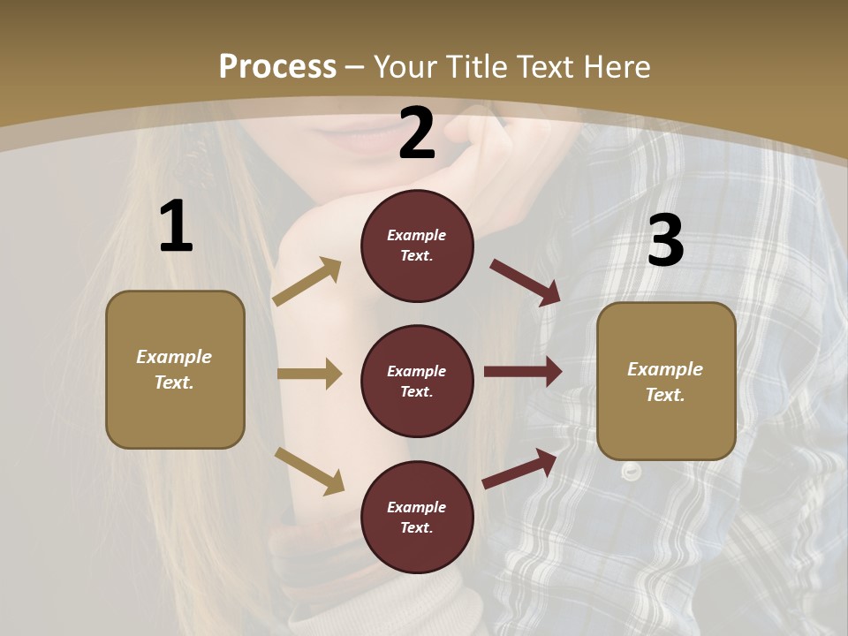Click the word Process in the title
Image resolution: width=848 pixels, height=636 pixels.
(x=277, y=66)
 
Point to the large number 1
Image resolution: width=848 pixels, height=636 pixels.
(x=176, y=228)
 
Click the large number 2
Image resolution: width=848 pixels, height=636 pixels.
(x=417, y=133)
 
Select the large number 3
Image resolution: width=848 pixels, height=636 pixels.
(x=665, y=241)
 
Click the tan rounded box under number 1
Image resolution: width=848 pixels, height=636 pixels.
(x=175, y=369)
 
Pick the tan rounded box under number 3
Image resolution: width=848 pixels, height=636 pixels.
(x=666, y=382)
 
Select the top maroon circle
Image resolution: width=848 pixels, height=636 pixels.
(x=417, y=246)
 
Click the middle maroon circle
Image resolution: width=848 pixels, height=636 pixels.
(x=417, y=381)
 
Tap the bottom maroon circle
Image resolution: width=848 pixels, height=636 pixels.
(x=417, y=517)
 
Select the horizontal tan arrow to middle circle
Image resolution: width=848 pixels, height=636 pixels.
(x=309, y=374)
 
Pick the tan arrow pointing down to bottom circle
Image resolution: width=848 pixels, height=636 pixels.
(x=309, y=470)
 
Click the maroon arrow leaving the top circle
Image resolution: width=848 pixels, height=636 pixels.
(x=526, y=283)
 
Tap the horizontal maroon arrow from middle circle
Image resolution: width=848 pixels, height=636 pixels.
(x=523, y=372)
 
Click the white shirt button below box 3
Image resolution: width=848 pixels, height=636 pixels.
(x=631, y=471)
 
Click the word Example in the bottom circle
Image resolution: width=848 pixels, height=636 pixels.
(x=417, y=507)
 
